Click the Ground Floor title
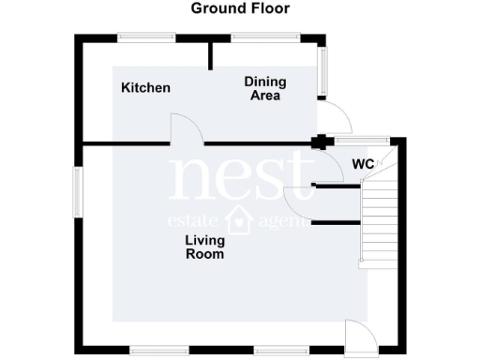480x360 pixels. (x=240, y=8)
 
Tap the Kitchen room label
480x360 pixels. (x=145, y=88)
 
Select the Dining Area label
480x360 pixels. (x=265, y=88)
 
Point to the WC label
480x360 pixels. (x=363, y=164)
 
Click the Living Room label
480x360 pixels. (x=203, y=247)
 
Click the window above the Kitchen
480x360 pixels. (x=145, y=37)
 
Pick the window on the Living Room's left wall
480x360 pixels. (x=77, y=195)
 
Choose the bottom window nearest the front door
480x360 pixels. (x=281, y=350)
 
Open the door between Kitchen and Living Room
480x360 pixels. (x=184, y=129)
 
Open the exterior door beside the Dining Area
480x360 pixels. (x=335, y=117)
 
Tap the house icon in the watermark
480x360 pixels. (x=241, y=219)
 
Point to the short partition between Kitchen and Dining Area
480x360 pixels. (x=209, y=56)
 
